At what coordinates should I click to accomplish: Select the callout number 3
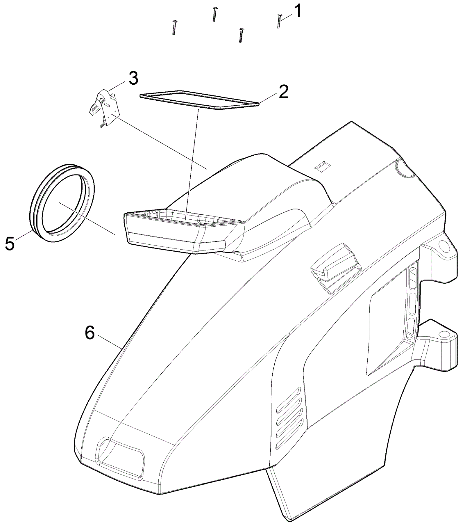[x=133, y=79]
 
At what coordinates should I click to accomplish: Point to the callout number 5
[x=10, y=244]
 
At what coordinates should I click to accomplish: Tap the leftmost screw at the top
[x=174, y=27]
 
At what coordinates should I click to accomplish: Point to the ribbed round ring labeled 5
[x=62, y=203]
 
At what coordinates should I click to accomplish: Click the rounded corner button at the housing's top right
[x=406, y=170]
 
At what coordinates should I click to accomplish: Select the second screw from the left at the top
[x=214, y=14]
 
